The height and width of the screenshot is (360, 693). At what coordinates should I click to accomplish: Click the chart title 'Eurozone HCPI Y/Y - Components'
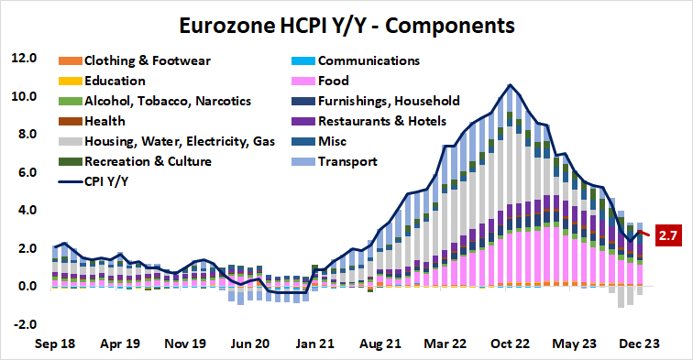coord(346,20)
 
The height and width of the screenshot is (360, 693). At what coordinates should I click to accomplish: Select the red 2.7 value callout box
coord(666,236)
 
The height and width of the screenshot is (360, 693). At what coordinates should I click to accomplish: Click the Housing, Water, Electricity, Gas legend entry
coord(170,141)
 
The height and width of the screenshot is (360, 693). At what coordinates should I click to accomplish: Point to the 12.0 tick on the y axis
coord(24,59)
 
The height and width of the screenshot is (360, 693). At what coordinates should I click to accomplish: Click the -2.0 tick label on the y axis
coord(24,325)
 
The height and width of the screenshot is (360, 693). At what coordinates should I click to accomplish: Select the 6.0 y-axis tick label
coord(24,173)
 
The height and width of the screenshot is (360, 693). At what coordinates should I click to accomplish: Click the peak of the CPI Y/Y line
coord(510,85)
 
